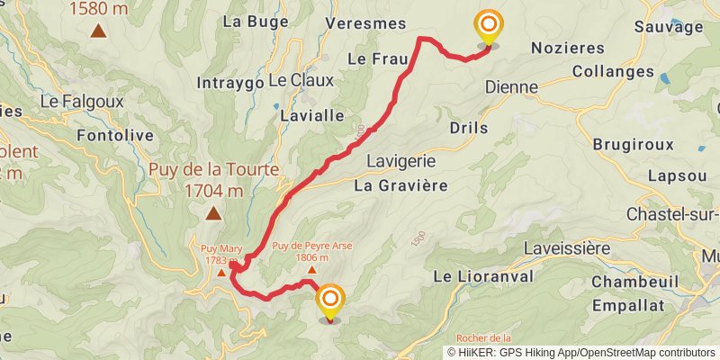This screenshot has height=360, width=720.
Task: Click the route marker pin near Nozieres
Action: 489,27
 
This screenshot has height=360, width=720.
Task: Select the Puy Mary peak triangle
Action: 221,272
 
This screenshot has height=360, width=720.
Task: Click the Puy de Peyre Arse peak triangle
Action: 311,269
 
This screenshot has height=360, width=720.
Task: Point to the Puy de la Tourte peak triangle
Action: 213,213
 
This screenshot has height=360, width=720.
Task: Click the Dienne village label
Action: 511,87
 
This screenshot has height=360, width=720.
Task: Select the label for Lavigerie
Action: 402,161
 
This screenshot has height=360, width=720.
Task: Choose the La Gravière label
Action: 400,186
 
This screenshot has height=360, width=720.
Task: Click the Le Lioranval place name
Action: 484,275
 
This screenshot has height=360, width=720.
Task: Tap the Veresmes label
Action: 366,22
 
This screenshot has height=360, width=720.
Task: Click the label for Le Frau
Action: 378,58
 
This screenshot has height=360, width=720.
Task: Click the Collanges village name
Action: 613,71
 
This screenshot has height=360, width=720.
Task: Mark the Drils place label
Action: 468,128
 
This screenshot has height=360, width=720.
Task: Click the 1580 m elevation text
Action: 98,9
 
